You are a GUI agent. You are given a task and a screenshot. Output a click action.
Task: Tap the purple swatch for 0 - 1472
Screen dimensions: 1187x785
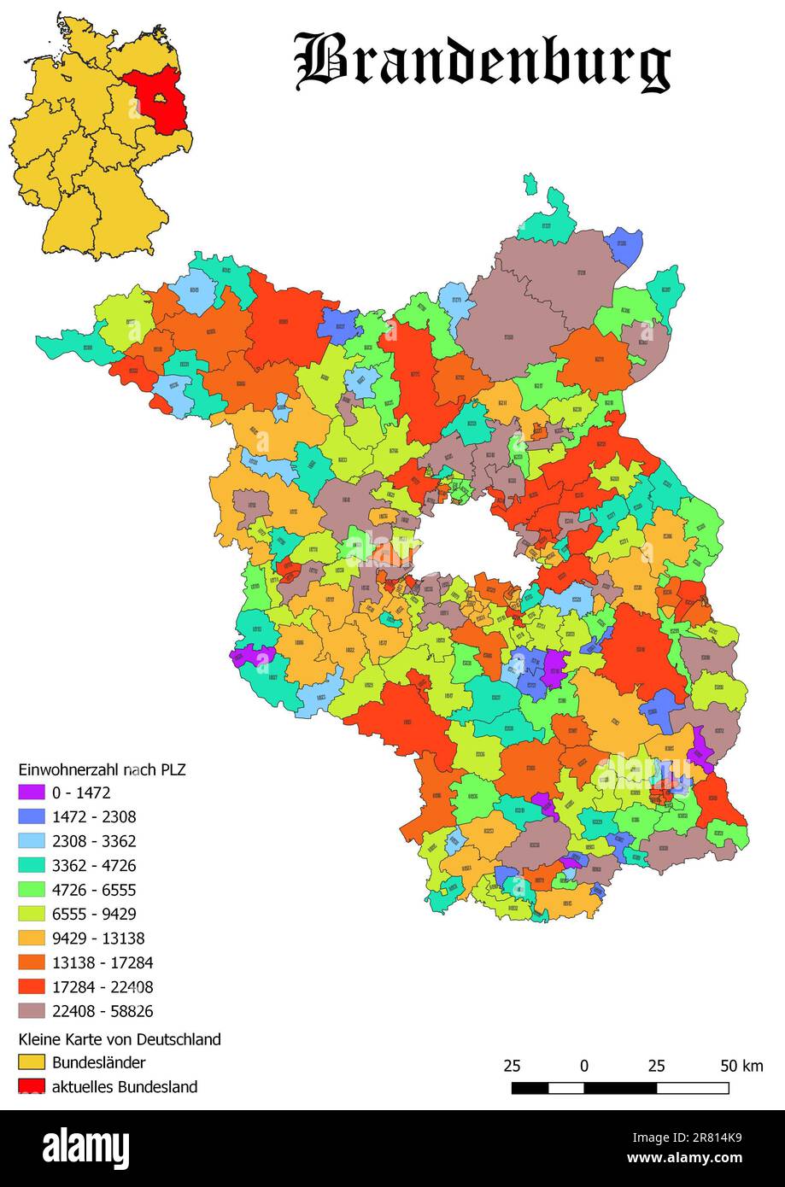(32, 792)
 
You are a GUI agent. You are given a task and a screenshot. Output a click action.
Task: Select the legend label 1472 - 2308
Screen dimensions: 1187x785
(94, 816)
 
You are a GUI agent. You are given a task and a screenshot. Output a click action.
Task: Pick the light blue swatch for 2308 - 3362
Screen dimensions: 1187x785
(32, 841)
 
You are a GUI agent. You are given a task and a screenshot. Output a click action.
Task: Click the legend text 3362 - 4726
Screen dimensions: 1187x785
(94, 865)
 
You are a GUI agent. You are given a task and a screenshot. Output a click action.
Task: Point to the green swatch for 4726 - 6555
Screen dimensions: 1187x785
(32, 890)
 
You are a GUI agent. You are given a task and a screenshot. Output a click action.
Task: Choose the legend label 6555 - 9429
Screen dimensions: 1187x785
(94, 914)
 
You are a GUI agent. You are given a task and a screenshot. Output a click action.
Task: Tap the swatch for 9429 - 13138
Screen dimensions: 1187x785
(32, 938)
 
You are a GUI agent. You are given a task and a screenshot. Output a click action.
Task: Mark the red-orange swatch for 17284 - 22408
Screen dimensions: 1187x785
(32, 987)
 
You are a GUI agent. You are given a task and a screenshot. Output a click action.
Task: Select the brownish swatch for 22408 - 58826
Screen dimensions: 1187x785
(32, 1011)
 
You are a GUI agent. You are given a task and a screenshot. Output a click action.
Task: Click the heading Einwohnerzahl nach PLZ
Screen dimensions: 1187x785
(103, 769)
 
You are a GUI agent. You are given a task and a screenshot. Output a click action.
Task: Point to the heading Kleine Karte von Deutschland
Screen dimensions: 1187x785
(120, 1039)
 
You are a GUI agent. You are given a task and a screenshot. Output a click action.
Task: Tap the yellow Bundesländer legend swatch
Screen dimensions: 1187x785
(32, 1063)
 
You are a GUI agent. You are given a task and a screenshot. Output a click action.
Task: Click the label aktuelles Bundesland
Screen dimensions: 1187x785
(125, 1087)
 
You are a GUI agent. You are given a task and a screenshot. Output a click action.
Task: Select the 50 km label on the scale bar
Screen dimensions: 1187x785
(741, 1066)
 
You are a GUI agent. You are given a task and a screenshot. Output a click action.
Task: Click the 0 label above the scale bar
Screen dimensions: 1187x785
(583, 1066)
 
